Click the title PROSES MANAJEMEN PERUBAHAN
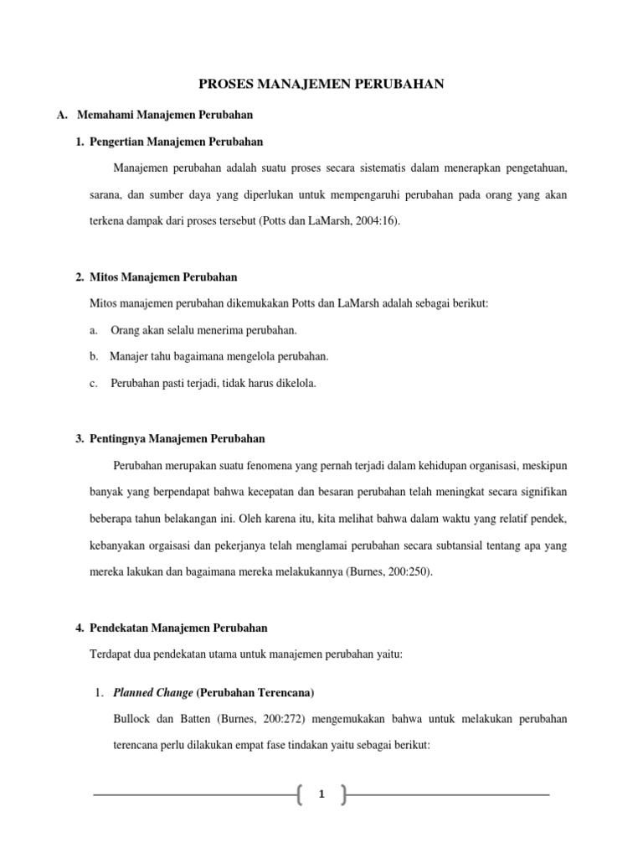tap(321, 83)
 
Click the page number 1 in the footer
tap(321, 794)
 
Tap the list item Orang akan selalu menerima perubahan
tap(203, 329)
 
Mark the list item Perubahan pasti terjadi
tap(213, 383)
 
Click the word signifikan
tap(543, 492)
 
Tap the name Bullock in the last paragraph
tap(131, 720)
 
